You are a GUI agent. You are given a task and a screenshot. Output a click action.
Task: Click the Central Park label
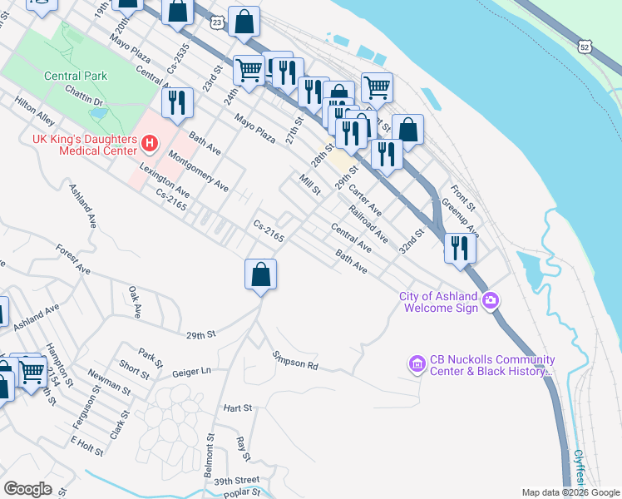(x=76, y=76)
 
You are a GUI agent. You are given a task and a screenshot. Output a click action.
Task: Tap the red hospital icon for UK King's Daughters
(x=149, y=143)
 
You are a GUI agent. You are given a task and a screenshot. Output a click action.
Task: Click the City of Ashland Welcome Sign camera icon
(x=491, y=299)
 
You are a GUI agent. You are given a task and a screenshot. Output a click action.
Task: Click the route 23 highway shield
(x=215, y=22)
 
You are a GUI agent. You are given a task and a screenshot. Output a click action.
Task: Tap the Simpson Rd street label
(x=295, y=360)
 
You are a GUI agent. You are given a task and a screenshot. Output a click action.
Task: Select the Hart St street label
(x=237, y=408)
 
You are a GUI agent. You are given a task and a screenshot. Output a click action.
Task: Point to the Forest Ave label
(x=73, y=259)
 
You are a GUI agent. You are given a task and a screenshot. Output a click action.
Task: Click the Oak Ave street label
(x=133, y=301)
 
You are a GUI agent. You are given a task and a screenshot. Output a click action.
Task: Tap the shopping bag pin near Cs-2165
(x=260, y=274)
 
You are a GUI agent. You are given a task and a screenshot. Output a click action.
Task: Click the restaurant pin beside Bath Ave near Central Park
(x=176, y=103)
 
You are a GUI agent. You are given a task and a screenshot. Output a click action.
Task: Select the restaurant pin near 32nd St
(x=459, y=248)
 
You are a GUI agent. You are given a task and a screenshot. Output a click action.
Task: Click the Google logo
(x=27, y=489)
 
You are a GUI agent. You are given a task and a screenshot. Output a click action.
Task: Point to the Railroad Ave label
(x=368, y=224)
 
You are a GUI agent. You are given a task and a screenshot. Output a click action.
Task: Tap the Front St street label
(x=462, y=197)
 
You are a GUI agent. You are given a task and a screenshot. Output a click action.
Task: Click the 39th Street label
(x=236, y=482)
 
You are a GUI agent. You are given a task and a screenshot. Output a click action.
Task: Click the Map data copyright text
(x=570, y=492)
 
